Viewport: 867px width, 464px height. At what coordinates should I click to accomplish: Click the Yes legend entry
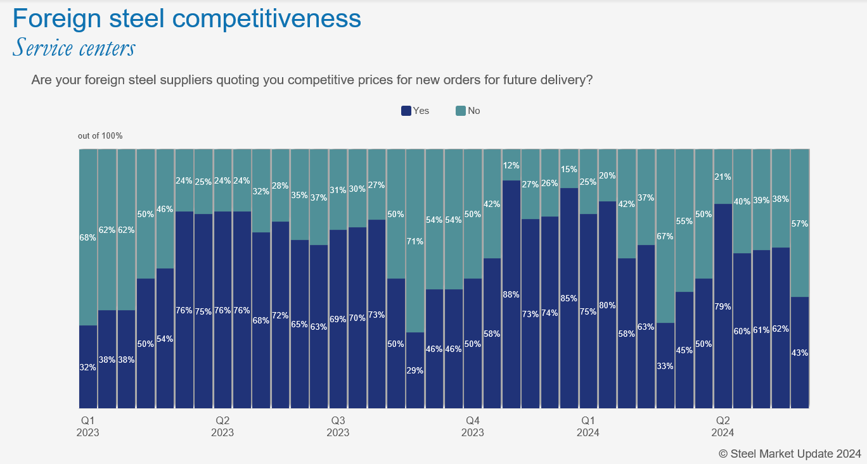pyautogui.click(x=416, y=111)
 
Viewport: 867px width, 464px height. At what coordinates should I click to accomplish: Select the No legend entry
pyautogui.click(x=468, y=111)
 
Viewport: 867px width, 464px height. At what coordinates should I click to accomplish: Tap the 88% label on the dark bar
pyautogui.click(x=511, y=294)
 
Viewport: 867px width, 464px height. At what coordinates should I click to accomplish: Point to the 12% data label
pyautogui.click(x=511, y=166)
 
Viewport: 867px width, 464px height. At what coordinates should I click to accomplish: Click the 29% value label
pyautogui.click(x=415, y=370)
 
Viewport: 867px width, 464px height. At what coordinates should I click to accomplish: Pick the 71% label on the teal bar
pyautogui.click(x=415, y=241)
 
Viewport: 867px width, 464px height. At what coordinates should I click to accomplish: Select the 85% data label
pyautogui.click(x=569, y=298)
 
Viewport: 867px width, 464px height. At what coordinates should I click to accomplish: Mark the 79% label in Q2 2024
pyautogui.click(x=722, y=306)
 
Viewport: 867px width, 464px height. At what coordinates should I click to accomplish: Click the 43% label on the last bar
pyautogui.click(x=800, y=353)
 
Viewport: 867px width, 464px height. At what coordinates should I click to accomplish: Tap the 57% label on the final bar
pyautogui.click(x=800, y=223)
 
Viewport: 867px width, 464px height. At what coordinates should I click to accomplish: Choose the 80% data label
pyautogui.click(x=608, y=305)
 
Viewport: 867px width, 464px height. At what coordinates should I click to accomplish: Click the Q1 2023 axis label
pyautogui.click(x=89, y=426)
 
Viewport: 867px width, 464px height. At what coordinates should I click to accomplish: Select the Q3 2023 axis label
pyautogui.click(x=338, y=426)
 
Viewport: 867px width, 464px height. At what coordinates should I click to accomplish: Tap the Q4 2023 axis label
pyautogui.click(x=472, y=426)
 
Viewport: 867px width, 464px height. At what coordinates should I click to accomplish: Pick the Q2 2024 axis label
pyautogui.click(x=722, y=426)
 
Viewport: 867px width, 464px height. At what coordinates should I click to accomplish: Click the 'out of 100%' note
pyautogui.click(x=100, y=136)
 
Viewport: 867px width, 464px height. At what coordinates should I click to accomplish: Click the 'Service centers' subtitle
pyautogui.click(x=74, y=47)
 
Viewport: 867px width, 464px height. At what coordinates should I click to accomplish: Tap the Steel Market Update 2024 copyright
pyautogui.click(x=790, y=453)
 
